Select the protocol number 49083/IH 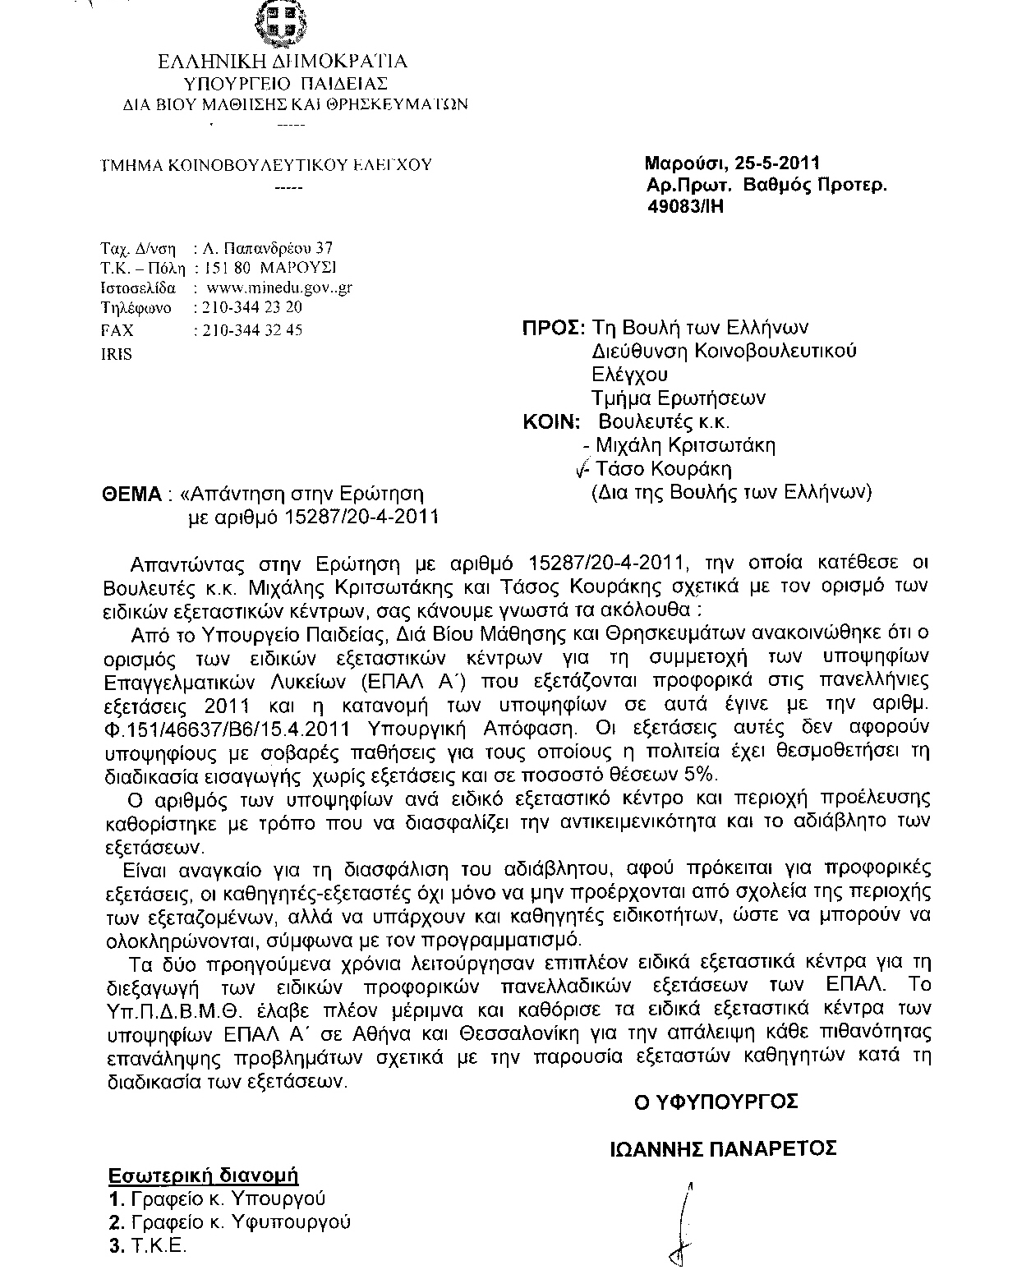[686, 206]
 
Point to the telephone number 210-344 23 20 [246, 308]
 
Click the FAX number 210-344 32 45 [246, 329]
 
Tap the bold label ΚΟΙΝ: [551, 422]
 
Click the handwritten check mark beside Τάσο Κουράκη [584, 469]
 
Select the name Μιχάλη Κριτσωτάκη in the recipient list [685, 446]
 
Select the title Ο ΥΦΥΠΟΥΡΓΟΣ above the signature [716, 1102]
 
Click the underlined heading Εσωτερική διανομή [204, 1175]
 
